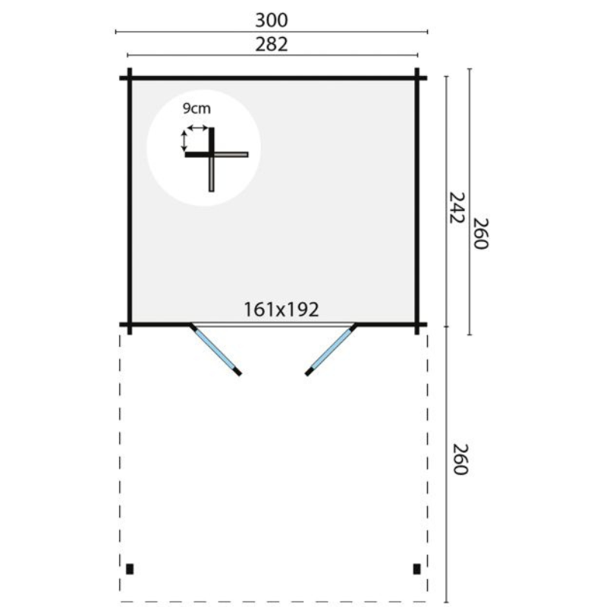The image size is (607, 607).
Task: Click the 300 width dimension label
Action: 272,20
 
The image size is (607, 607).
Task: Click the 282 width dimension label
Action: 272,45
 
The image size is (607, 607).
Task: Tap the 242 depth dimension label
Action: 456,207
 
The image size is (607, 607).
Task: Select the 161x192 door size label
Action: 281,310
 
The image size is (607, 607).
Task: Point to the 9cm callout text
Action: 197,109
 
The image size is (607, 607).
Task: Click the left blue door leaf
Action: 215,349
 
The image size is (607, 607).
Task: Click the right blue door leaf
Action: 331,349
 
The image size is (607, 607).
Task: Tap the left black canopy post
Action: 130,568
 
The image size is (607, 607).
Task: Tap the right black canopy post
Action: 417,568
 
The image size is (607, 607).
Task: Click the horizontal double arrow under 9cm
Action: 198,127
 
